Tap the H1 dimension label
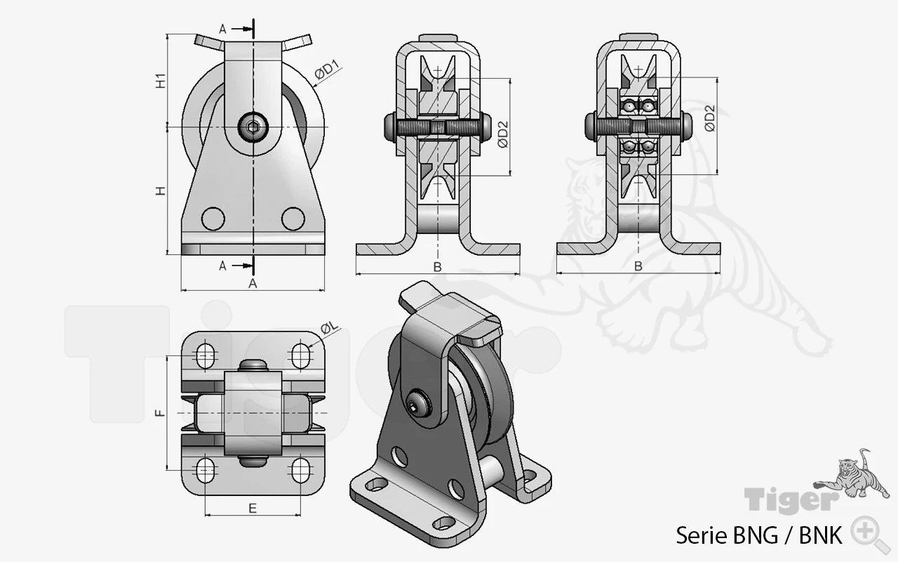coord(161,81)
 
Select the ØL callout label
coord(330,327)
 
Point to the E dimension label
coord(253,509)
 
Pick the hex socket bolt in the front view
coord(253,128)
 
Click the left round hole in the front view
coord(213,218)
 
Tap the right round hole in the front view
coord(293,218)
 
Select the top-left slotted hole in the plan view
coord(206,355)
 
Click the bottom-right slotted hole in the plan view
coord(300,470)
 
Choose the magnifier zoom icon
coord(870,535)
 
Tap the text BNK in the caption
coord(820,535)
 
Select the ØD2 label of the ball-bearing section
coord(710,119)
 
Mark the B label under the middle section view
coord(437,267)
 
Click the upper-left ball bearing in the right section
coord(629,106)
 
